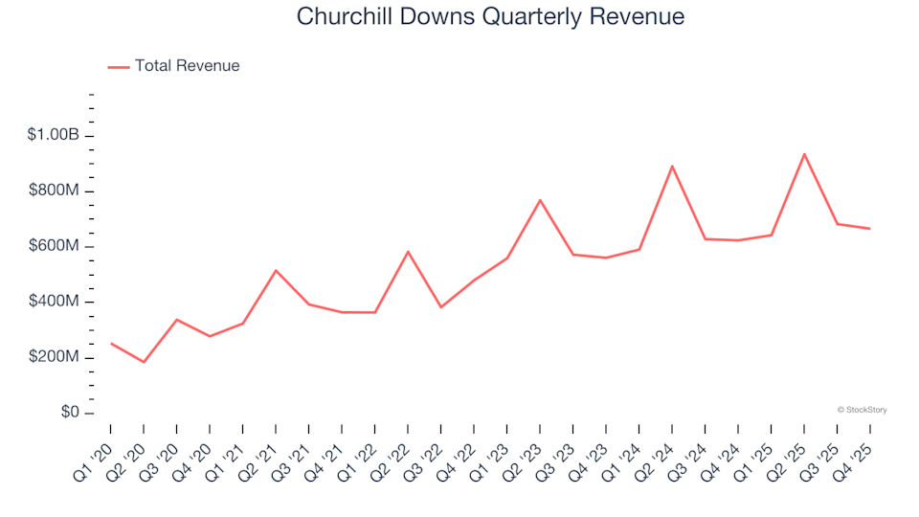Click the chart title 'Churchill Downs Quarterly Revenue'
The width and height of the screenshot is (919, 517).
(490, 16)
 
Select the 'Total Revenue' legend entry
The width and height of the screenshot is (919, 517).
(187, 66)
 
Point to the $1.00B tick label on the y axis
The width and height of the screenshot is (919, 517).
(54, 136)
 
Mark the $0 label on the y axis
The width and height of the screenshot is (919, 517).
(68, 414)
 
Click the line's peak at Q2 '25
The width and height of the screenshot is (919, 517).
(804, 154)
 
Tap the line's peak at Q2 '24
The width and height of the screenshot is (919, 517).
(672, 167)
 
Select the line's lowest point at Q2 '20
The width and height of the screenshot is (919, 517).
(144, 362)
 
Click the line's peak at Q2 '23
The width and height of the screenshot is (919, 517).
(540, 200)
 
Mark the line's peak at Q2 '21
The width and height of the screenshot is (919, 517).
(276, 270)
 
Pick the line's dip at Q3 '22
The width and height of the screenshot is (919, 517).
(440, 307)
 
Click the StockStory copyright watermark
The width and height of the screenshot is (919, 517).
(862, 410)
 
